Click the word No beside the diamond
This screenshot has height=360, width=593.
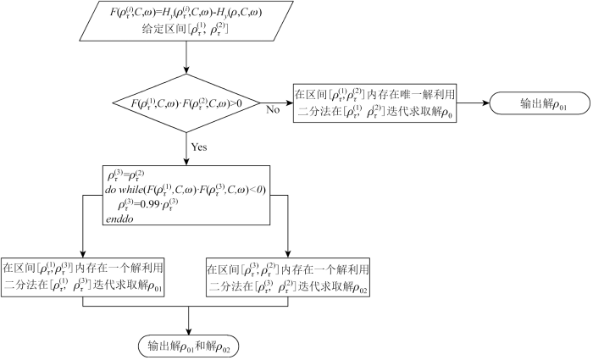273,109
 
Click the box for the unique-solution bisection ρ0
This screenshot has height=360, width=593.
377,104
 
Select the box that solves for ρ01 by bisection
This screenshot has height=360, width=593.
82,274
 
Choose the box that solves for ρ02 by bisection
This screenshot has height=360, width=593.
289,274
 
